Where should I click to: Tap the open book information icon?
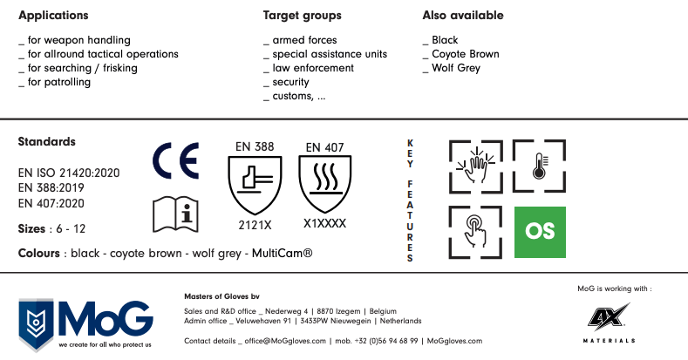[175, 214]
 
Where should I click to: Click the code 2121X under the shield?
[255, 225]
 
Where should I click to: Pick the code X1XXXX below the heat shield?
[324, 224]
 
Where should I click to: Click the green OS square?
[540, 232]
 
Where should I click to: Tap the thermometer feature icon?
[539, 166]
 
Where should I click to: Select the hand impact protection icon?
[476, 166]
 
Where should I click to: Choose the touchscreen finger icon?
[475, 232]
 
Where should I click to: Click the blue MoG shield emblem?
[36, 324]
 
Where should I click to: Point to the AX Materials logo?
[609, 323]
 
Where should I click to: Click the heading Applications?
[53, 16]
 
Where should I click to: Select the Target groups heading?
[303, 16]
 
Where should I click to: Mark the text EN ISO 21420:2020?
[69, 173]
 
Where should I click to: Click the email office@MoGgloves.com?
[285, 341]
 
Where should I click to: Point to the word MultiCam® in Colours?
[283, 253]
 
